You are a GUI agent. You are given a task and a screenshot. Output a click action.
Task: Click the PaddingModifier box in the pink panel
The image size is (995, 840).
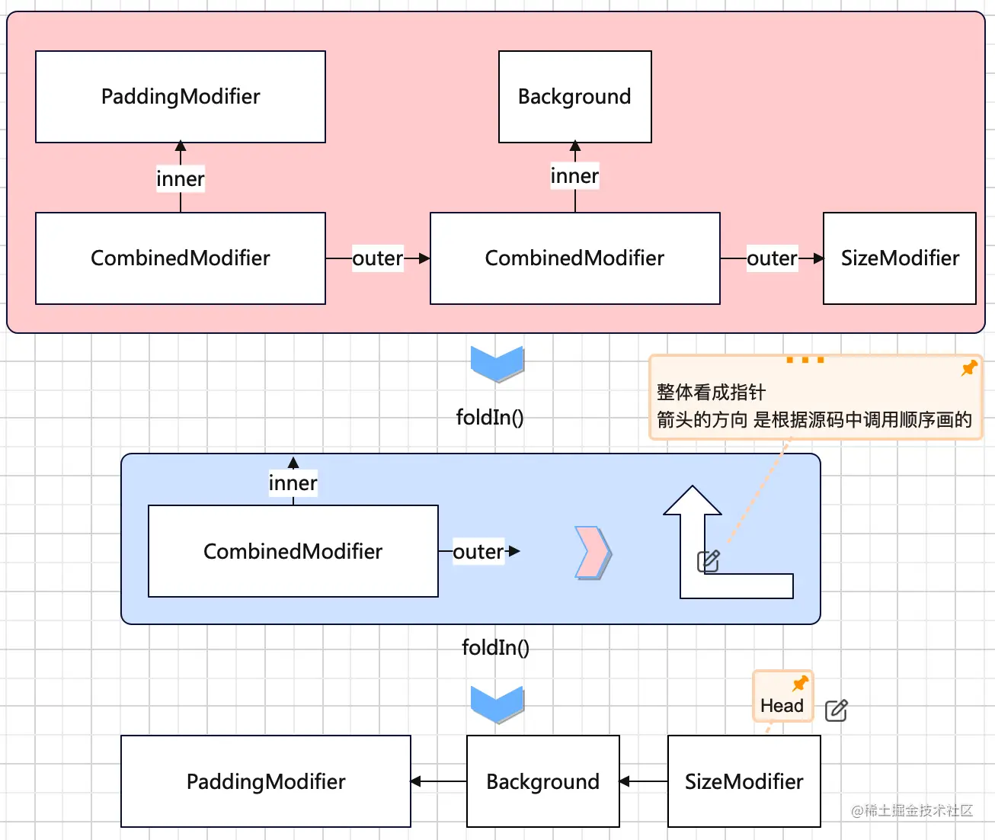181,97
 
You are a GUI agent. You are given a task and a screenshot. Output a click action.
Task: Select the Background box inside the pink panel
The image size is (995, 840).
574,97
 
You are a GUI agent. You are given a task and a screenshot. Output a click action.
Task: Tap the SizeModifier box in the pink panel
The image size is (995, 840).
899,258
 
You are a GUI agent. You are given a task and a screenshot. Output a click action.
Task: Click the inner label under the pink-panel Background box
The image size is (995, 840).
574,176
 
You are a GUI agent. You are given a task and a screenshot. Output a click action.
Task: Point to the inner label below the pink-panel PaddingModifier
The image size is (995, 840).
181,179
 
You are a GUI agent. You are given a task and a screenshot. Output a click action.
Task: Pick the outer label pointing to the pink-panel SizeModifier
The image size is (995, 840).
772,258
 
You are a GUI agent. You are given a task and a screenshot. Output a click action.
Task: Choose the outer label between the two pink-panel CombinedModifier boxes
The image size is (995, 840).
377,258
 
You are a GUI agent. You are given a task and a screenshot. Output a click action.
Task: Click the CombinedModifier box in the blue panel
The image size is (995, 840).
293,551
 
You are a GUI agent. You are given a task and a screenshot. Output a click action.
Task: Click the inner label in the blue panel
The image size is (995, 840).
293,483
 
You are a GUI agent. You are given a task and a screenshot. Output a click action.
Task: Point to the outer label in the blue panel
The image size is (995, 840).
478,551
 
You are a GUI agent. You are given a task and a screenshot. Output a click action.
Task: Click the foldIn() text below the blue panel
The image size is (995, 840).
495,647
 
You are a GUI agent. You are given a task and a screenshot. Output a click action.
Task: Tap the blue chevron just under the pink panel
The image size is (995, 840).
497,364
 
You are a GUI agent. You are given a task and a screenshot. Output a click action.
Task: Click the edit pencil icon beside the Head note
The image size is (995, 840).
836,710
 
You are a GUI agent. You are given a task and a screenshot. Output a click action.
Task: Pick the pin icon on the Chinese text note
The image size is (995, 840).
969,368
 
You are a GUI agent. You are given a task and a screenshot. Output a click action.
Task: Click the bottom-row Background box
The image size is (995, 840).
542,781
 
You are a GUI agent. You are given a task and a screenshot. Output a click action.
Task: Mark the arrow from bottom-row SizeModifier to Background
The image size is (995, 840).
643,781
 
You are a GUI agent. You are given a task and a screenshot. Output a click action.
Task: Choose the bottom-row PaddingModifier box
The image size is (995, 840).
265,781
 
